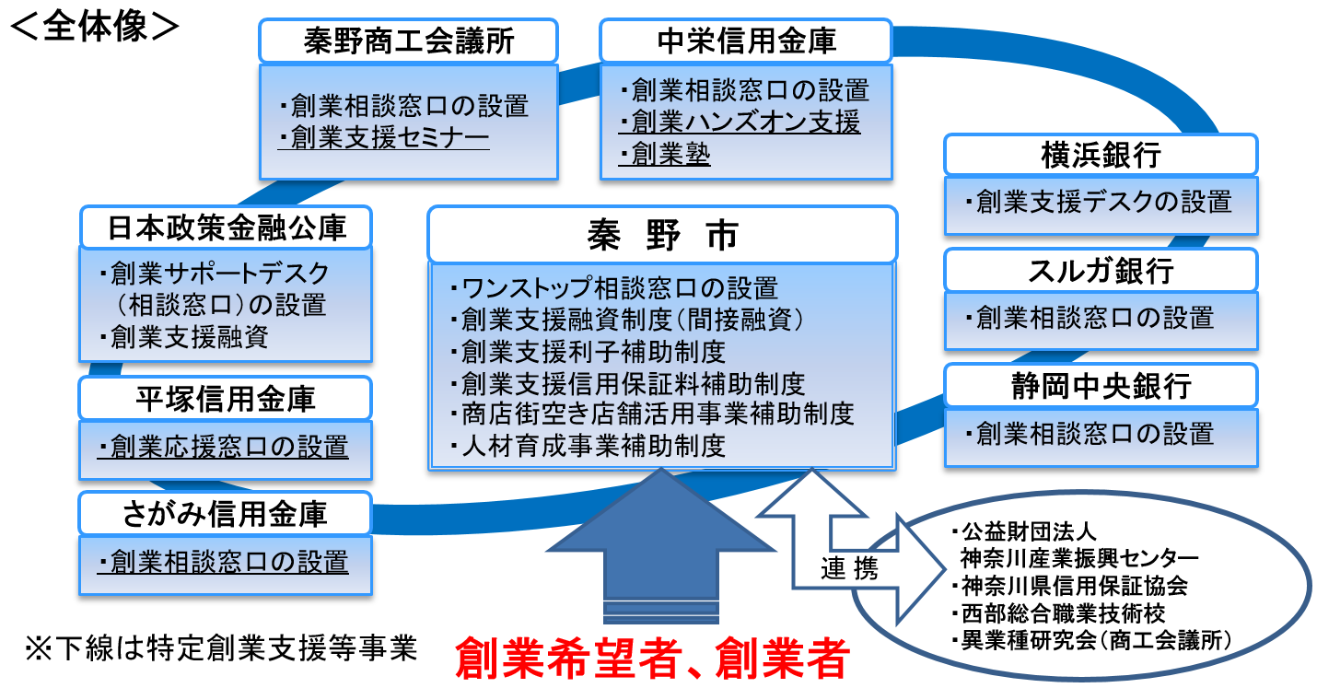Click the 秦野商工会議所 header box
[x=408, y=41]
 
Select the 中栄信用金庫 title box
[x=746, y=41]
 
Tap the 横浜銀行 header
[x=1101, y=155]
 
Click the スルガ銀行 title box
[x=1101, y=271]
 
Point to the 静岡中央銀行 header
[x=1101, y=386]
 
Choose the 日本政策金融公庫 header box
[x=227, y=227]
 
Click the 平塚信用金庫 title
[x=226, y=399]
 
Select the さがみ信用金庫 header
[x=226, y=513]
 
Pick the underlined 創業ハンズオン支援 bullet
[x=746, y=122]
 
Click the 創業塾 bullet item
[x=670, y=154]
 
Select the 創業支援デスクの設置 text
[x=1102, y=201]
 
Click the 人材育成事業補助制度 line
[x=593, y=446]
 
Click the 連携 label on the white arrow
[x=849, y=569]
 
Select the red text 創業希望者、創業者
[x=651, y=658]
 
